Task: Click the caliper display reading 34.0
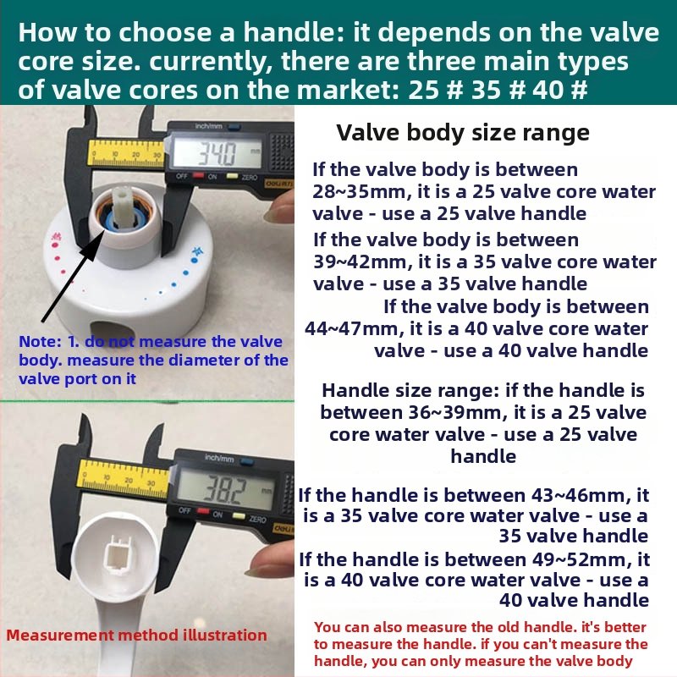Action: (x=217, y=152)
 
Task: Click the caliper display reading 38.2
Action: (x=225, y=490)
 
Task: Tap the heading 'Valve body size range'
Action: (x=463, y=133)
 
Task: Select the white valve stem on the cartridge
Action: (x=122, y=199)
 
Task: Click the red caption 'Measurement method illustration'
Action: (x=136, y=636)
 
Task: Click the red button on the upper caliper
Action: (x=198, y=176)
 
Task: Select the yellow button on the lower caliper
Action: (x=239, y=516)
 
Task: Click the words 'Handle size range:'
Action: (x=410, y=390)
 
